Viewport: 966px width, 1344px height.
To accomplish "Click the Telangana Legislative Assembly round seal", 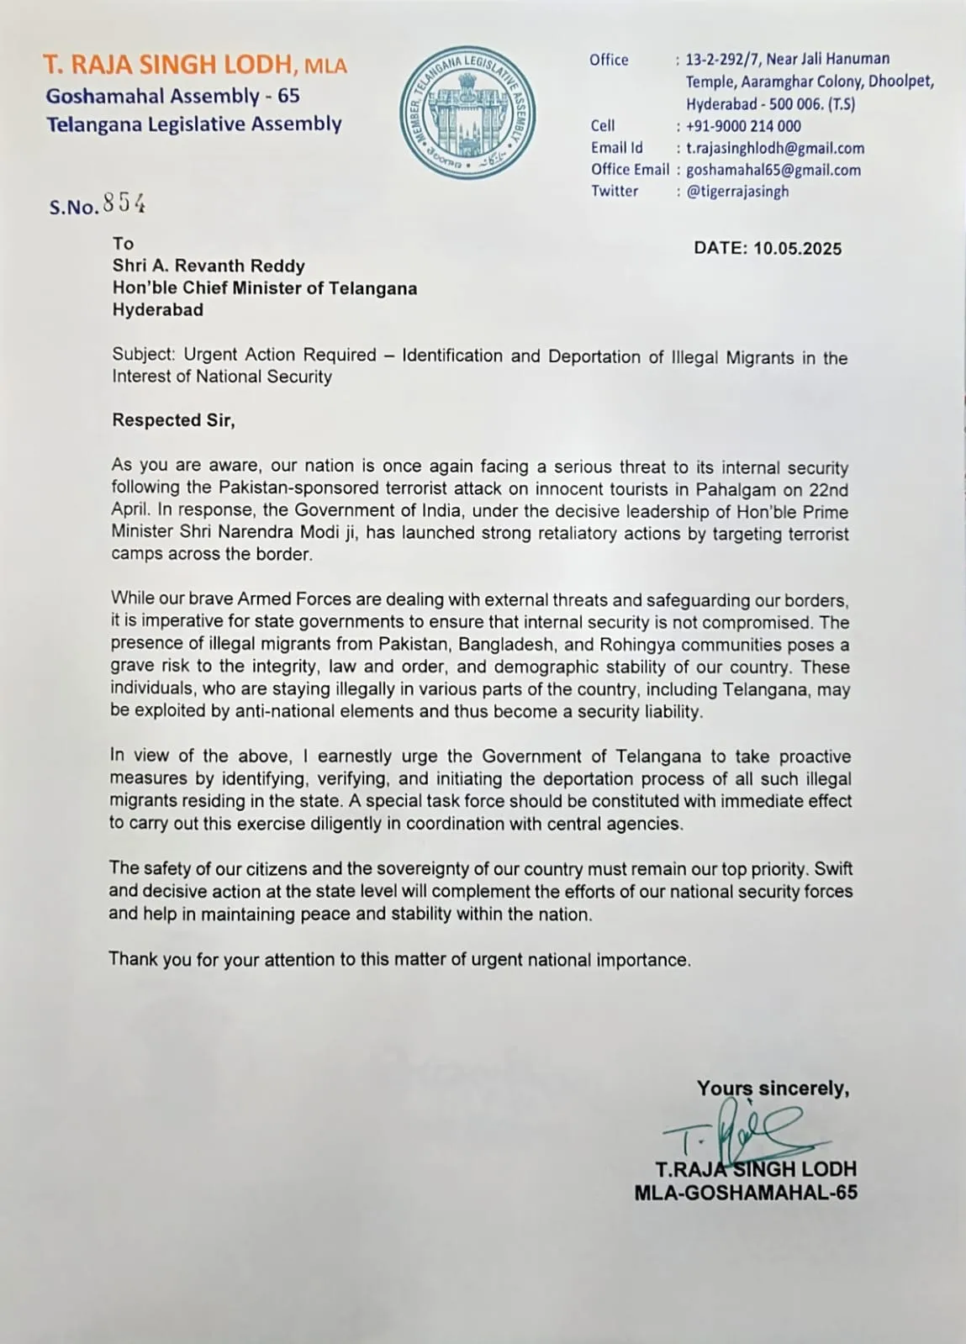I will coord(467,113).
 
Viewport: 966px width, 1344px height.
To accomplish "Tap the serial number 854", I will coord(124,203).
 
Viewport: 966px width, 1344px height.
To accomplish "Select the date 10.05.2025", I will coord(797,248).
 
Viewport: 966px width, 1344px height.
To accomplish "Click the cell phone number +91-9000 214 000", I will coord(743,126).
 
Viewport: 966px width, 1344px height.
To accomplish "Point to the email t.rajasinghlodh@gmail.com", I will coord(774,148).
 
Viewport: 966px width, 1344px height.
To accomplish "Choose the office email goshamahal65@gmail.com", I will coord(773,170).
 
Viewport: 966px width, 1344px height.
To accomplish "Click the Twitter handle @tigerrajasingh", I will coord(737,192).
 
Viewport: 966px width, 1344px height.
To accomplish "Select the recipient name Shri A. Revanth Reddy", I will coord(209,266).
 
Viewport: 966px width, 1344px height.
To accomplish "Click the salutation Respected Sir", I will coord(173,420).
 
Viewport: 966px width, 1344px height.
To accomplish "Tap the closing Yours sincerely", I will coord(773,1088).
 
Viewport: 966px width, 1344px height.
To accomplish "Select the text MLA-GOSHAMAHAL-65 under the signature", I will coord(746,1193).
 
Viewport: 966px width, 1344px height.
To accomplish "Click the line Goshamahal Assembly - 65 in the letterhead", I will coord(172,96).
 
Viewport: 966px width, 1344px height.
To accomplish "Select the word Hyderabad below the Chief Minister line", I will coord(158,310).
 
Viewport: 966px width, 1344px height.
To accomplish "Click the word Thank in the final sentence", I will coord(131,959).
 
